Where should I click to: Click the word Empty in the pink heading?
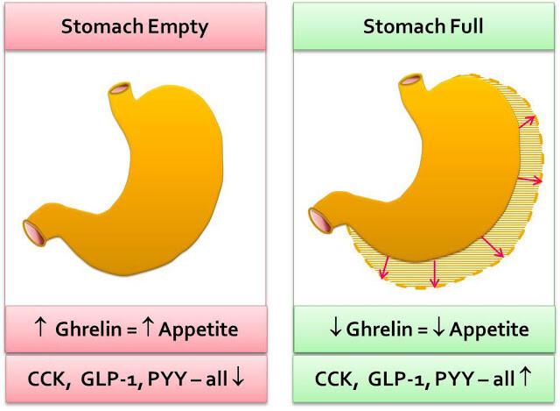[178, 27]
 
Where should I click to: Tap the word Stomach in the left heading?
[102, 26]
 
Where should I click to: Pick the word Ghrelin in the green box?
[379, 330]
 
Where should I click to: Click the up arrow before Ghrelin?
[40, 327]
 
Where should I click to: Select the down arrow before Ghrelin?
[335, 327]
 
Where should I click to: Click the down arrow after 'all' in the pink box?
[238, 377]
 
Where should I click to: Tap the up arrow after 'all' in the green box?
[525, 377]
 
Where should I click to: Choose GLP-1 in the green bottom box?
[396, 379]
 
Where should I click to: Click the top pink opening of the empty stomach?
[120, 89]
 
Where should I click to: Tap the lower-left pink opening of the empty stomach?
[34, 233]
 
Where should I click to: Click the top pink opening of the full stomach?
[411, 80]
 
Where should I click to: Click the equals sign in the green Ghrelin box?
[423, 330]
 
